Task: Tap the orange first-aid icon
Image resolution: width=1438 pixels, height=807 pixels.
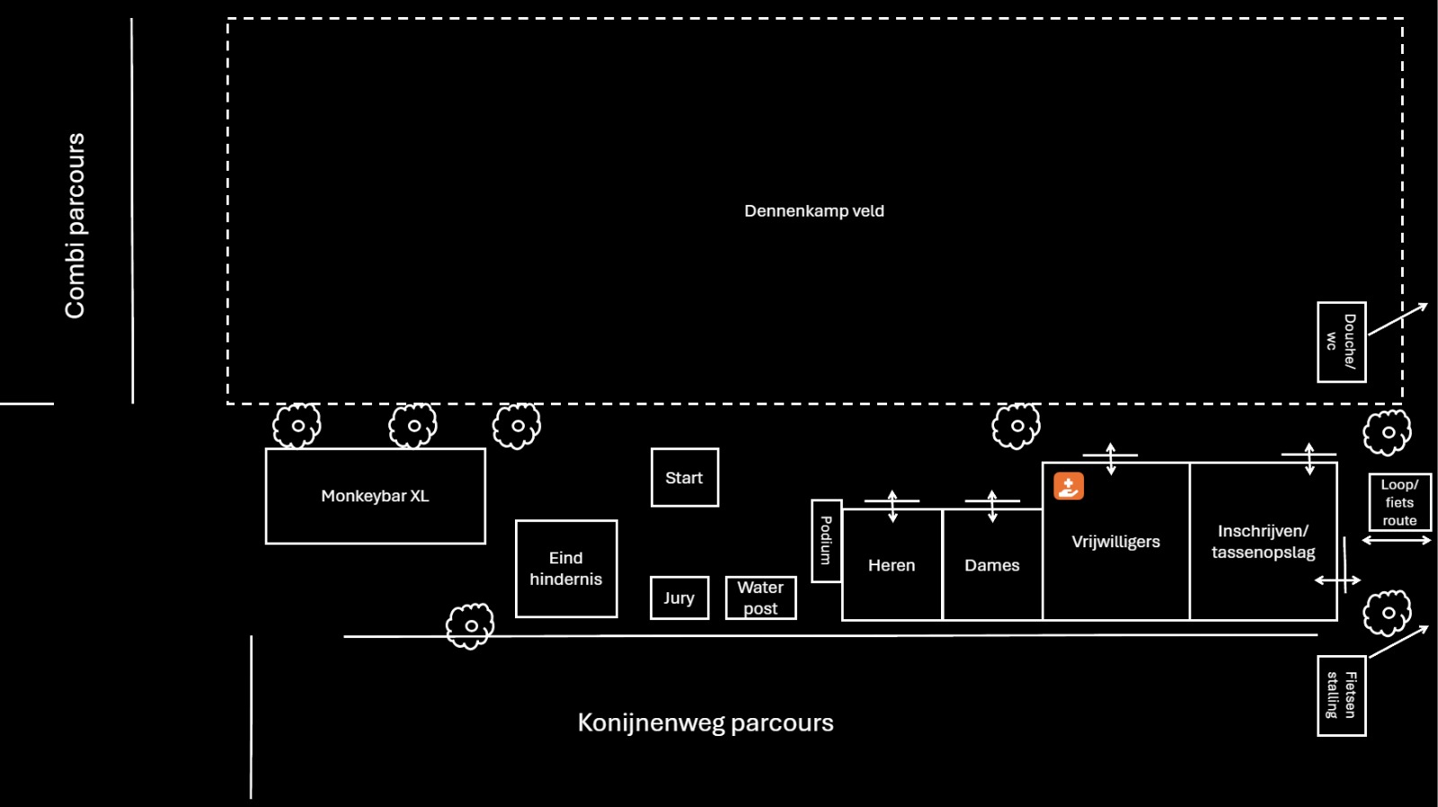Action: (x=1069, y=486)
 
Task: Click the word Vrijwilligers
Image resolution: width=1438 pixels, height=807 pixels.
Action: (x=1115, y=542)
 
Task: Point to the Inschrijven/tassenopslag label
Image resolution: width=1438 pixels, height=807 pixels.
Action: (x=1264, y=542)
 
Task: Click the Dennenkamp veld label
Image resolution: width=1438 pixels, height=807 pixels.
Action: (x=814, y=211)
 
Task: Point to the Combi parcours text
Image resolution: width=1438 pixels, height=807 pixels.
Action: (x=75, y=226)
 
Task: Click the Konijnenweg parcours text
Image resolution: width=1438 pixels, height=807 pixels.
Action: (x=706, y=723)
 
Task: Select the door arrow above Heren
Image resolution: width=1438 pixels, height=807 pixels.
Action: (x=892, y=506)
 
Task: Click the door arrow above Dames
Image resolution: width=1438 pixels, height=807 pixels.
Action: (x=992, y=506)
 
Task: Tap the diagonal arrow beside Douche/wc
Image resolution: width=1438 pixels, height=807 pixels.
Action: (x=1398, y=319)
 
